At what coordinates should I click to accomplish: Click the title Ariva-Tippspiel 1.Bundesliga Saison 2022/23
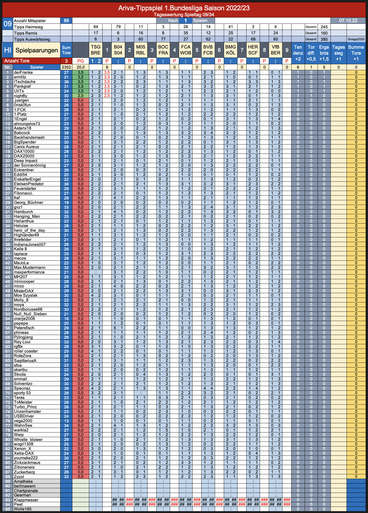pyautogui.click(x=184, y=8)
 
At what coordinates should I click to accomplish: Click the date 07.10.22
pyautogui.click(x=348, y=21)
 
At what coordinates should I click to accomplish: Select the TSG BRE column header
pyautogui.click(x=96, y=50)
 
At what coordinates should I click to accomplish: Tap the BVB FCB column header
pyautogui.click(x=208, y=50)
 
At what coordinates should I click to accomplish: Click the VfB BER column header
pyautogui.click(x=275, y=50)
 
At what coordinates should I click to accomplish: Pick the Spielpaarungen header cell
pyautogui.click(x=37, y=50)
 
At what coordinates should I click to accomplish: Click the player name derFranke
pyautogui.click(x=23, y=73)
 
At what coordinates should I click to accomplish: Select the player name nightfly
pyautogui.click(x=20, y=96)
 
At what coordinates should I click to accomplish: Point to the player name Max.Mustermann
pyautogui.click(x=30, y=268)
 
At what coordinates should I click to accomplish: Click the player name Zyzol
pyautogui.click(x=19, y=477)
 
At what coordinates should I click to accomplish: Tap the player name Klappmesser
pyautogui.click(x=26, y=500)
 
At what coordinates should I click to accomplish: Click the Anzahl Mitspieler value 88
pyautogui.click(x=66, y=21)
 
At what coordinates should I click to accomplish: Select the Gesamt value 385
pyautogui.click(x=324, y=39)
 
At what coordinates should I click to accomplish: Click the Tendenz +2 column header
pyautogui.click(x=298, y=53)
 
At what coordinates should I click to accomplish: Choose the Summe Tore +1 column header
pyautogui.click(x=356, y=53)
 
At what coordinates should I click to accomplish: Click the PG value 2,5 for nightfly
pyautogui.click(x=81, y=96)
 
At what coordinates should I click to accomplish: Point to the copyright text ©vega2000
pyautogui.click(x=356, y=39)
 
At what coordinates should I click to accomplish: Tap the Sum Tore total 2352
pyautogui.click(x=66, y=67)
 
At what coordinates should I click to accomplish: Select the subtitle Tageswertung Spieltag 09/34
pyautogui.click(x=184, y=15)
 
